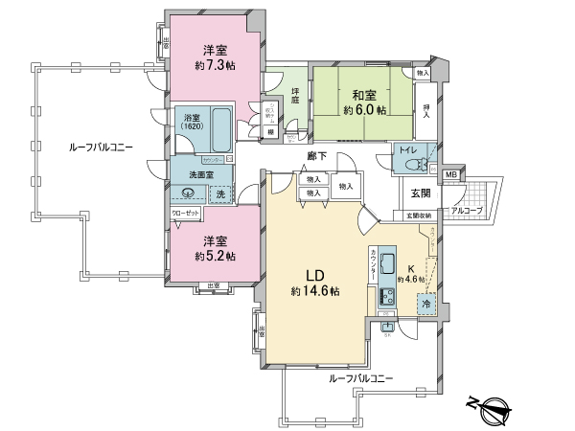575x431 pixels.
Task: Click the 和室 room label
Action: tap(362, 94)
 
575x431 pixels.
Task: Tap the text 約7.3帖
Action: tap(214, 65)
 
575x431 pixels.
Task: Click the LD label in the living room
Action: tap(315, 272)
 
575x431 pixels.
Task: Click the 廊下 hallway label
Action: tap(317, 155)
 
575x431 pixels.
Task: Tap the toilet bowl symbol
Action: tap(414, 164)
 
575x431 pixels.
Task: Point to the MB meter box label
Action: tap(450, 175)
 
